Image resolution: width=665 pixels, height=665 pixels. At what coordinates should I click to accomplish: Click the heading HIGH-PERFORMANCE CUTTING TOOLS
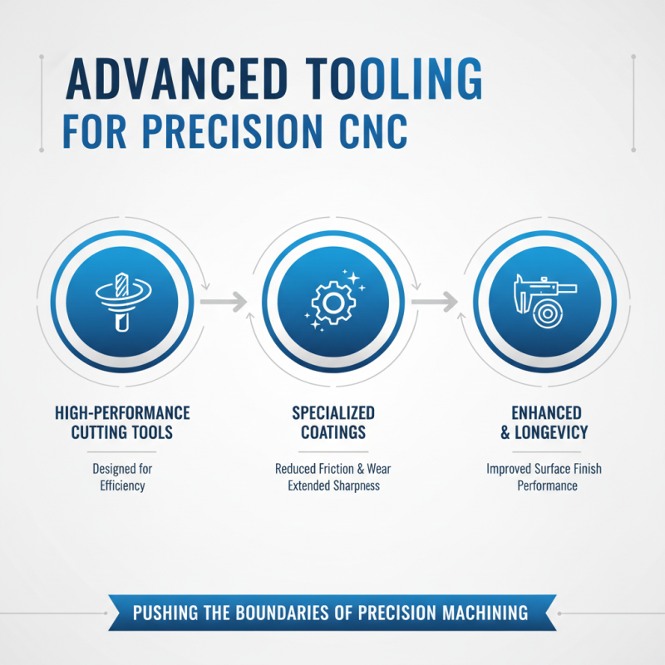point(121,422)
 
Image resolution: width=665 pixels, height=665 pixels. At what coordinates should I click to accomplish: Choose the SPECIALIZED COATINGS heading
point(333,422)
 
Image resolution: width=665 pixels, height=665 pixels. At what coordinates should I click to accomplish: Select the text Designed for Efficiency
point(121,477)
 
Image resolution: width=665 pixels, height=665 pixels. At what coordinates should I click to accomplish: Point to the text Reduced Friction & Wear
point(333,470)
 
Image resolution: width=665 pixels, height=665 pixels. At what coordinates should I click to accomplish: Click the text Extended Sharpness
point(333,485)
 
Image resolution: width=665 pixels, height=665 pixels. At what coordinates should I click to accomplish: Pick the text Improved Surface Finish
point(544,470)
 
